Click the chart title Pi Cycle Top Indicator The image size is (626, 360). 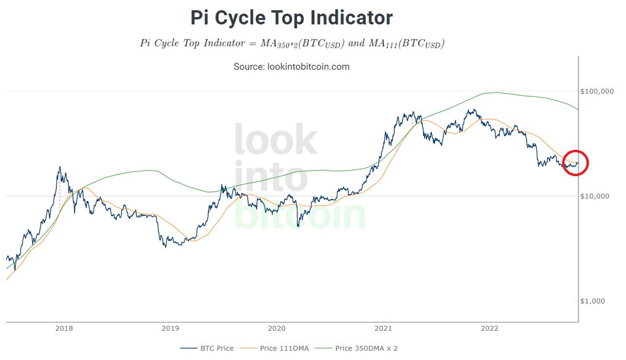click(292, 18)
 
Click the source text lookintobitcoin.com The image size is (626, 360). click(292, 67)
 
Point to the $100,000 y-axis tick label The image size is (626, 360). click(598, 91)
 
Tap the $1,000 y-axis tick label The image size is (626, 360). click(595, 301)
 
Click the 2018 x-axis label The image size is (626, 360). click(64, 329)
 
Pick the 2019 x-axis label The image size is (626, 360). click(171, 329)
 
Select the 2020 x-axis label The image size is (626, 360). click(276, 329)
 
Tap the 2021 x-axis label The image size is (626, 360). click(383, 329)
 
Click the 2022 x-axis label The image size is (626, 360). click(489, 329)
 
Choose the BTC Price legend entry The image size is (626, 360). click(207, 348)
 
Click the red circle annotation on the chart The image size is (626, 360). click(576, 163)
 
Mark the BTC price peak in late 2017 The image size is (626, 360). click(59, 167)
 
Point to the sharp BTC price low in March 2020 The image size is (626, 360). click(298, 226)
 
